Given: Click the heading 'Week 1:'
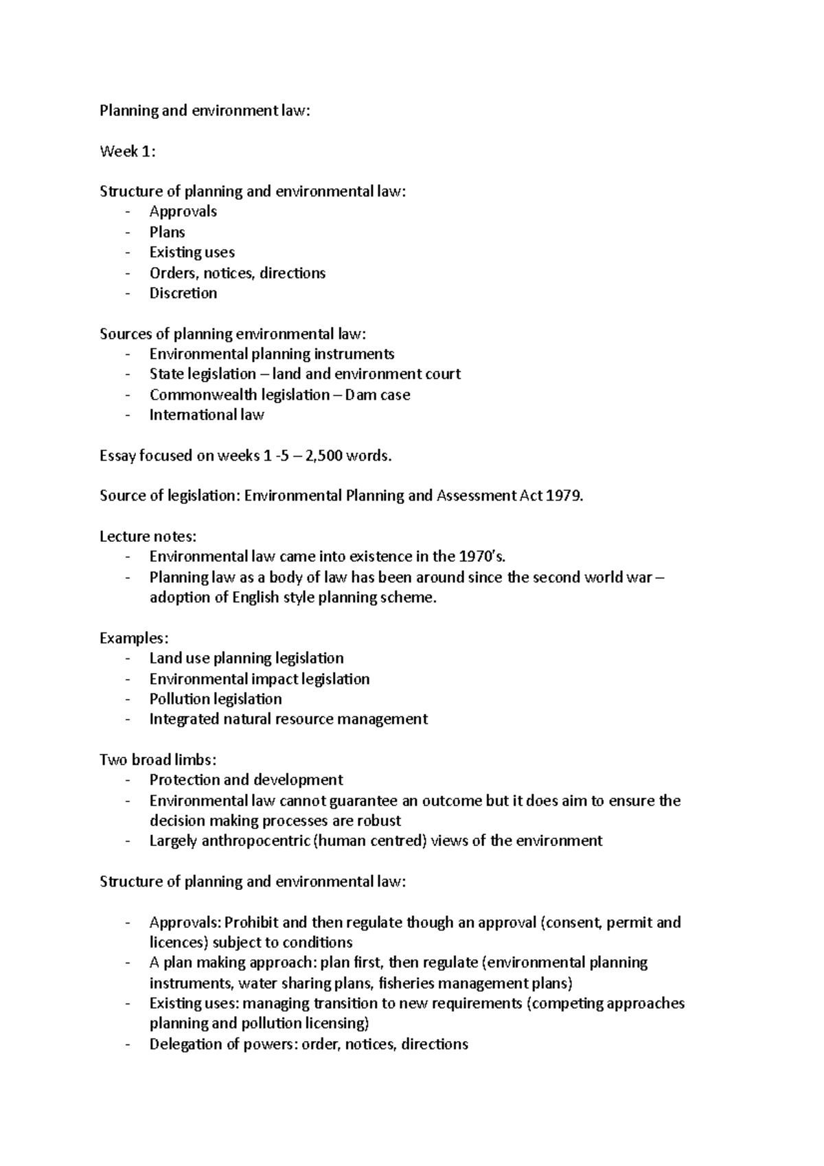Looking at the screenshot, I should tap(128, 151).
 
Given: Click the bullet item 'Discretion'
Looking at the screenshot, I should tap(183, 293).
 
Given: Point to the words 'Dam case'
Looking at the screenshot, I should tap(377, 395).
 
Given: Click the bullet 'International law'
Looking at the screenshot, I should tap(206, 415).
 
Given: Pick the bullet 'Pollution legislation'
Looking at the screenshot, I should tap(216, 699).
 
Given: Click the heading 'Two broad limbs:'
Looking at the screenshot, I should tap(158, 760).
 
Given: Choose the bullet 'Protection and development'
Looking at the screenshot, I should tap(246, 780).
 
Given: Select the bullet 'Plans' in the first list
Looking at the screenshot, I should tap(167, 232).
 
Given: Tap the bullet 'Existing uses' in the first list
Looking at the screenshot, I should tap(192, 253).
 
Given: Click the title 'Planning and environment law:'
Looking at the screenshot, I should tap(205, 111).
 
